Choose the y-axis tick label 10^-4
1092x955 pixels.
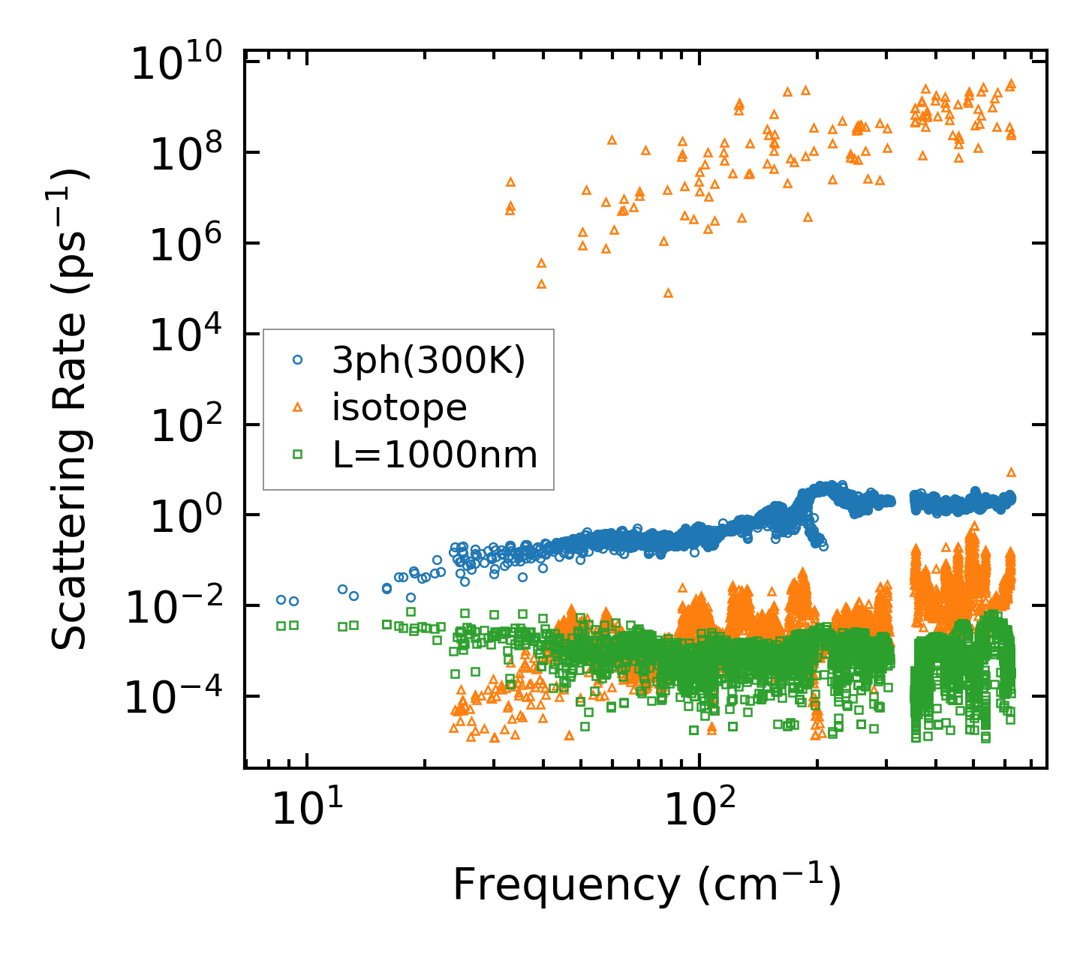177,697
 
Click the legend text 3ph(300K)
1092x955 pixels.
429,361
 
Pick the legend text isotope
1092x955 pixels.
399,407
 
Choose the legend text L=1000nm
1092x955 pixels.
435,454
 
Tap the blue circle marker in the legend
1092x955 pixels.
297,360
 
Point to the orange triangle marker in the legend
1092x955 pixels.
297,407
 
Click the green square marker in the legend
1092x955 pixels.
297,454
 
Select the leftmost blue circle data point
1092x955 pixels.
281,599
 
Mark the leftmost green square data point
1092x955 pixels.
281,626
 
